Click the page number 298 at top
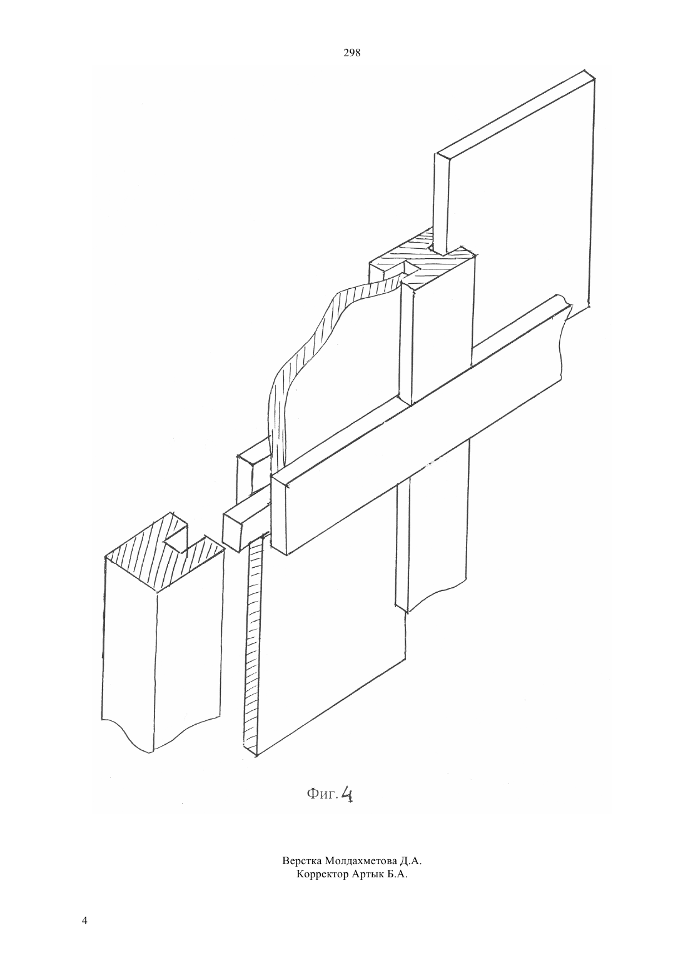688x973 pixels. click(352, 53)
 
